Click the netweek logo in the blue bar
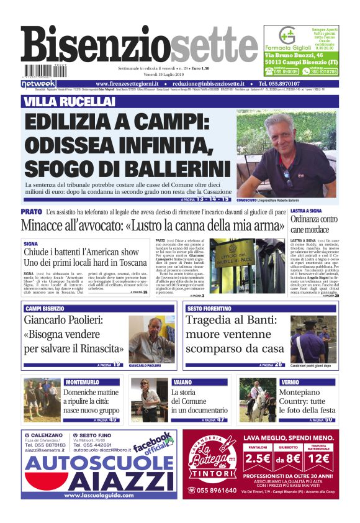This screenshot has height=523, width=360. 38,83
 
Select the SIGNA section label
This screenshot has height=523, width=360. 30,244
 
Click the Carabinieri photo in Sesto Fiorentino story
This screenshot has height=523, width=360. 314,339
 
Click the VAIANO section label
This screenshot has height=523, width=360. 182,381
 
